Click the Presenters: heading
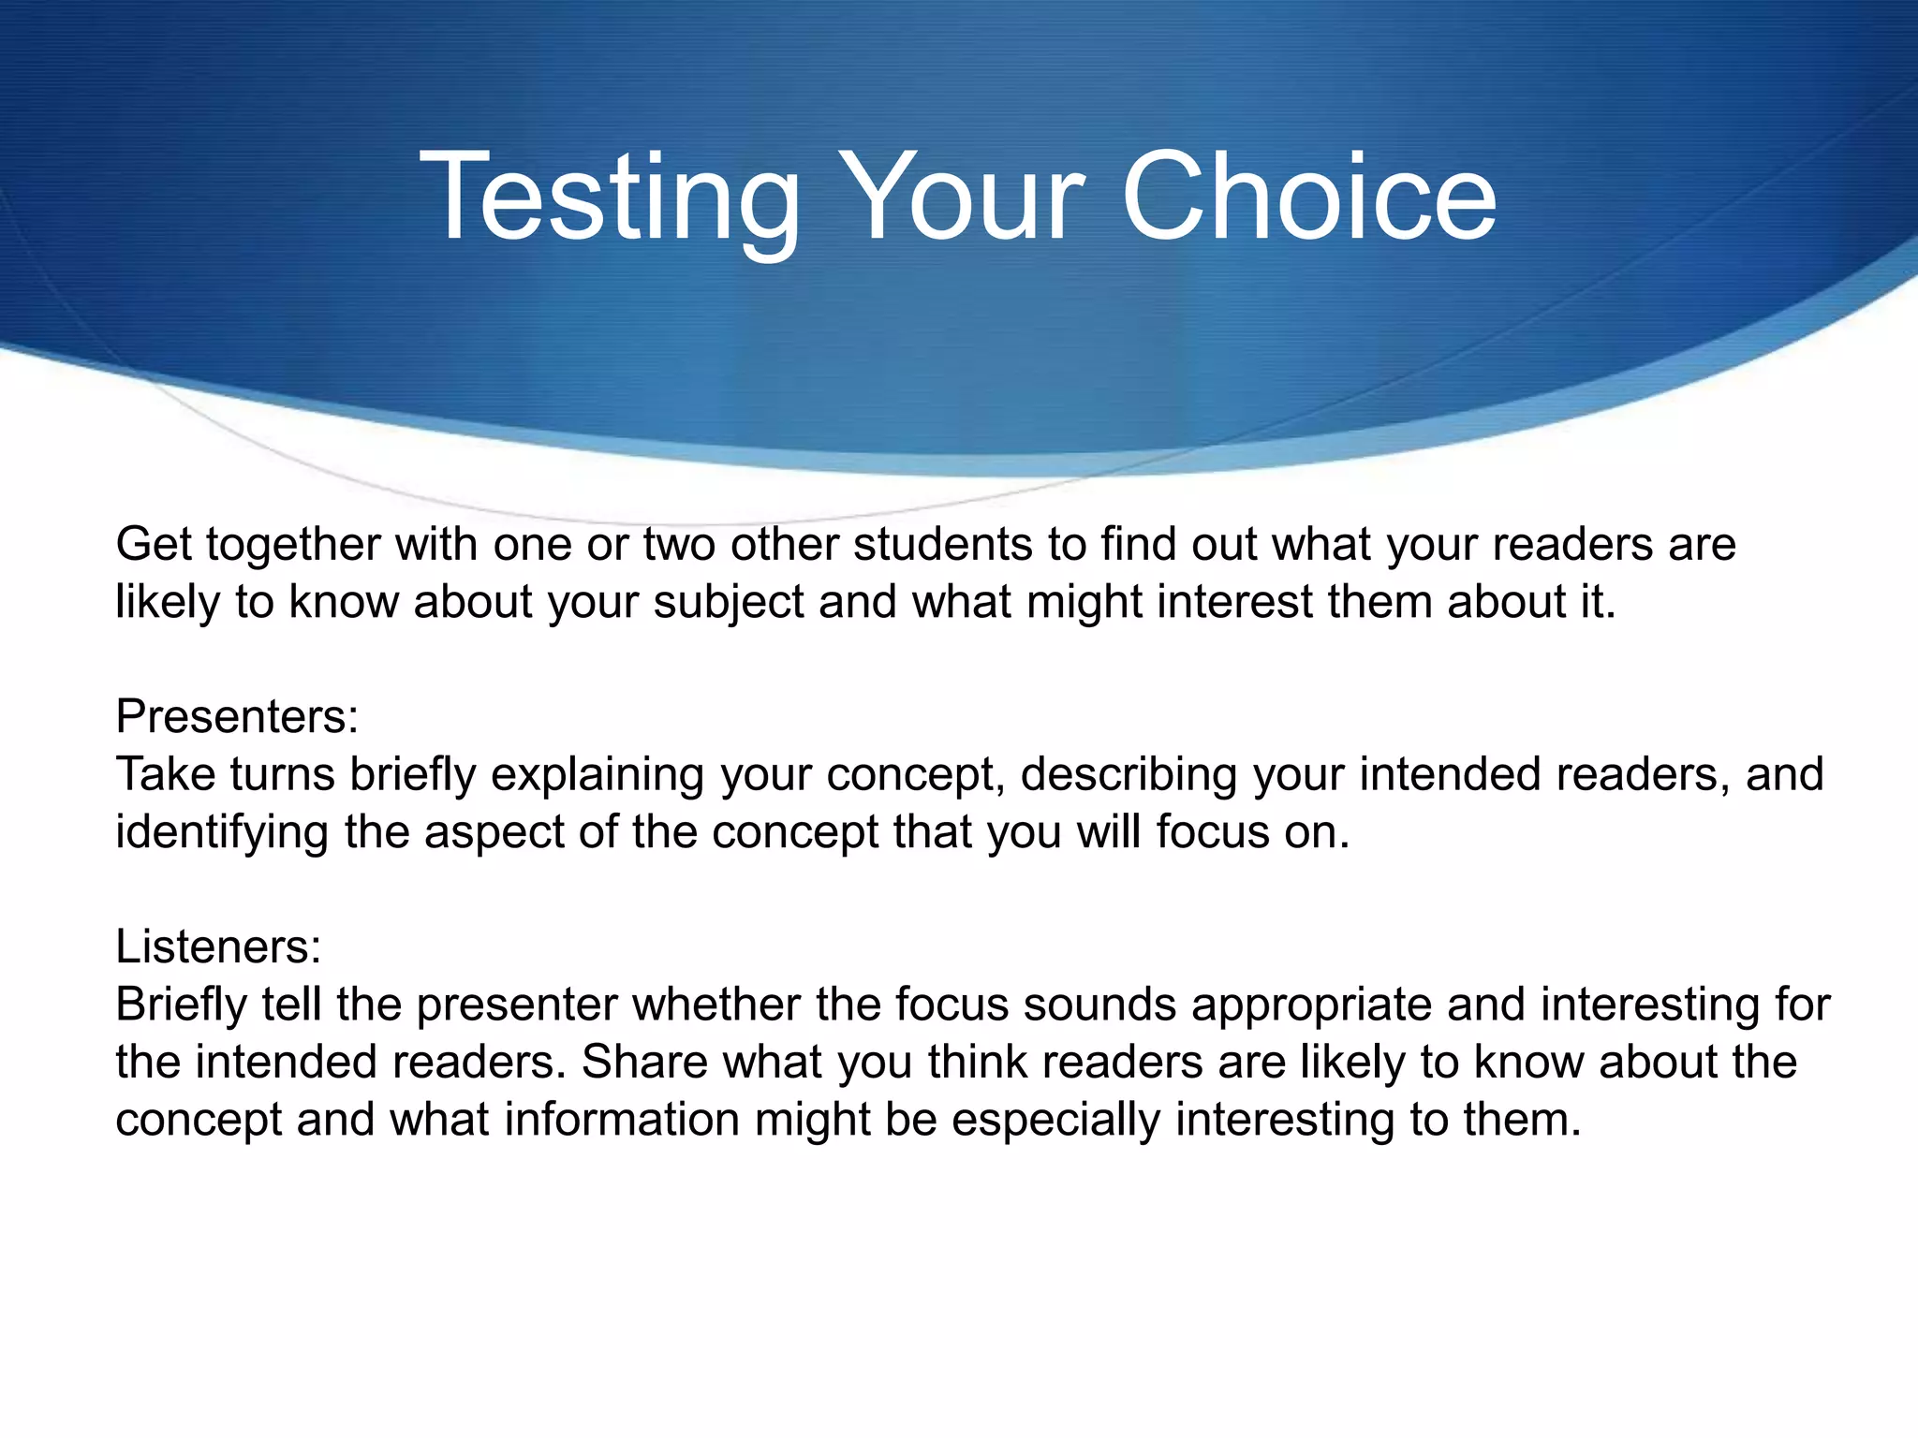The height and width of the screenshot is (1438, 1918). pyautogui.click(x=237, y=717)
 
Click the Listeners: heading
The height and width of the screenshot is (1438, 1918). pyautogui.click(x=218, y=946)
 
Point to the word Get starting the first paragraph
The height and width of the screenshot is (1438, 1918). pyautogui.click(x=154, y=545)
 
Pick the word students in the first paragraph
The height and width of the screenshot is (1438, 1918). pyautogui.click(x=942, y=545)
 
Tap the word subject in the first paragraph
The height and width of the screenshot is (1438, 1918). pyautogui.click(x=729, y=602)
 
